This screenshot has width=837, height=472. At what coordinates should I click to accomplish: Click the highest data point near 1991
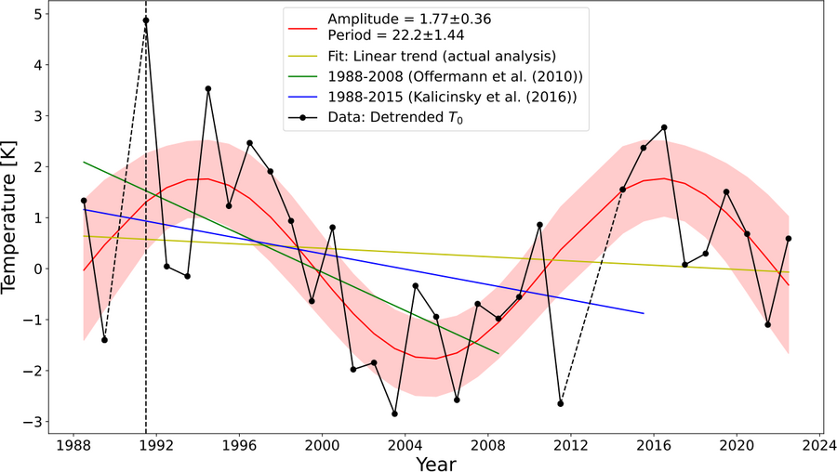tap(146, 20)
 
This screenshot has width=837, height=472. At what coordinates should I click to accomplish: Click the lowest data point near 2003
tap(394, 413)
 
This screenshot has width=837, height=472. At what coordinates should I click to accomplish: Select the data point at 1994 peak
tap(208, 88)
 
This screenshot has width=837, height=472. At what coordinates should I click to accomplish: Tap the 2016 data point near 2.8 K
tap(664, 127)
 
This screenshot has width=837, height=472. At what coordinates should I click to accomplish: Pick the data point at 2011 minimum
tap(561, 403)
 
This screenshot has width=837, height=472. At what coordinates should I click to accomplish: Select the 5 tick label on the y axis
tap(34, 14)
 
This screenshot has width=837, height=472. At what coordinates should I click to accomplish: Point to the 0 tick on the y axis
tap(34, 269)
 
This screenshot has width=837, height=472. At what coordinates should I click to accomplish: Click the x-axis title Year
tap(435, 462)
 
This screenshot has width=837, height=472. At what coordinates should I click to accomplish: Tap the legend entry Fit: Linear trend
tap(442, 55)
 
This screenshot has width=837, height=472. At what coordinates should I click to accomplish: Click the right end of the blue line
tap(644, 313)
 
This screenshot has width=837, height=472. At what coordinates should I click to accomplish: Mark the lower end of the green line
tap(498, 353)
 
